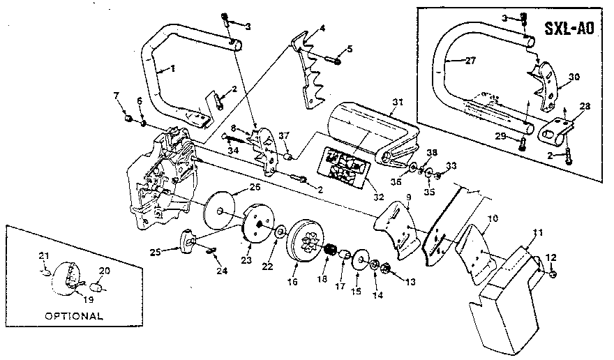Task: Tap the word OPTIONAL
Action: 73,315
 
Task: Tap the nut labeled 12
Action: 552,276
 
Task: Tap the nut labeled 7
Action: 127,119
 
